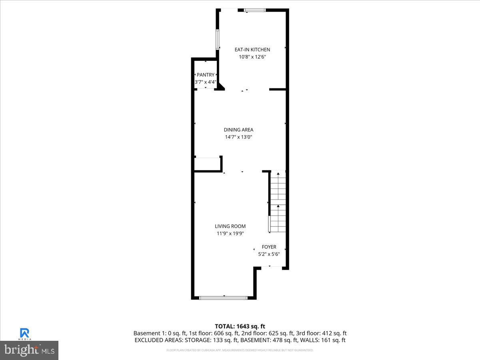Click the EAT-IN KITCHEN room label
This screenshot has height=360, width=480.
point(252,50)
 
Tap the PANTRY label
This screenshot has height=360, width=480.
point(205,75)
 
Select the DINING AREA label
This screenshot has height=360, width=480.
point(238,130)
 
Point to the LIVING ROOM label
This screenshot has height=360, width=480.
point(230,226)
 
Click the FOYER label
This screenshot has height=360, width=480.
point(269,247)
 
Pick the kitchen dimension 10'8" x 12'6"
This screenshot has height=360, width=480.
point(252,57)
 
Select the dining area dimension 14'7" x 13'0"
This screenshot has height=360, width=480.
point(238,137)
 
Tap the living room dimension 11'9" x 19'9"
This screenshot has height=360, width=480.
point(230,233)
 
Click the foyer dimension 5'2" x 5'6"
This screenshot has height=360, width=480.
point(269,254)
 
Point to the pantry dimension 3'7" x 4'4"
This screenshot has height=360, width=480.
point(205,82)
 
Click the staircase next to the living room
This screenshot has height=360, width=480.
point(278,202)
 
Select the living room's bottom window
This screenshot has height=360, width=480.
point(224,298)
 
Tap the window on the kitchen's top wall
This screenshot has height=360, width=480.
point(255,10)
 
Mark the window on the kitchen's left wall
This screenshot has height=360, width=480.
point(218,39)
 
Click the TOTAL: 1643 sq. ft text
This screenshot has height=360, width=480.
point(240,326)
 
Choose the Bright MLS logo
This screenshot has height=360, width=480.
point(29,350)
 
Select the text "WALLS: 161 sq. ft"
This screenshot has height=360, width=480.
point(323,340)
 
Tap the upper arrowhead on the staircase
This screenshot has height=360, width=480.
point(278,174)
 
